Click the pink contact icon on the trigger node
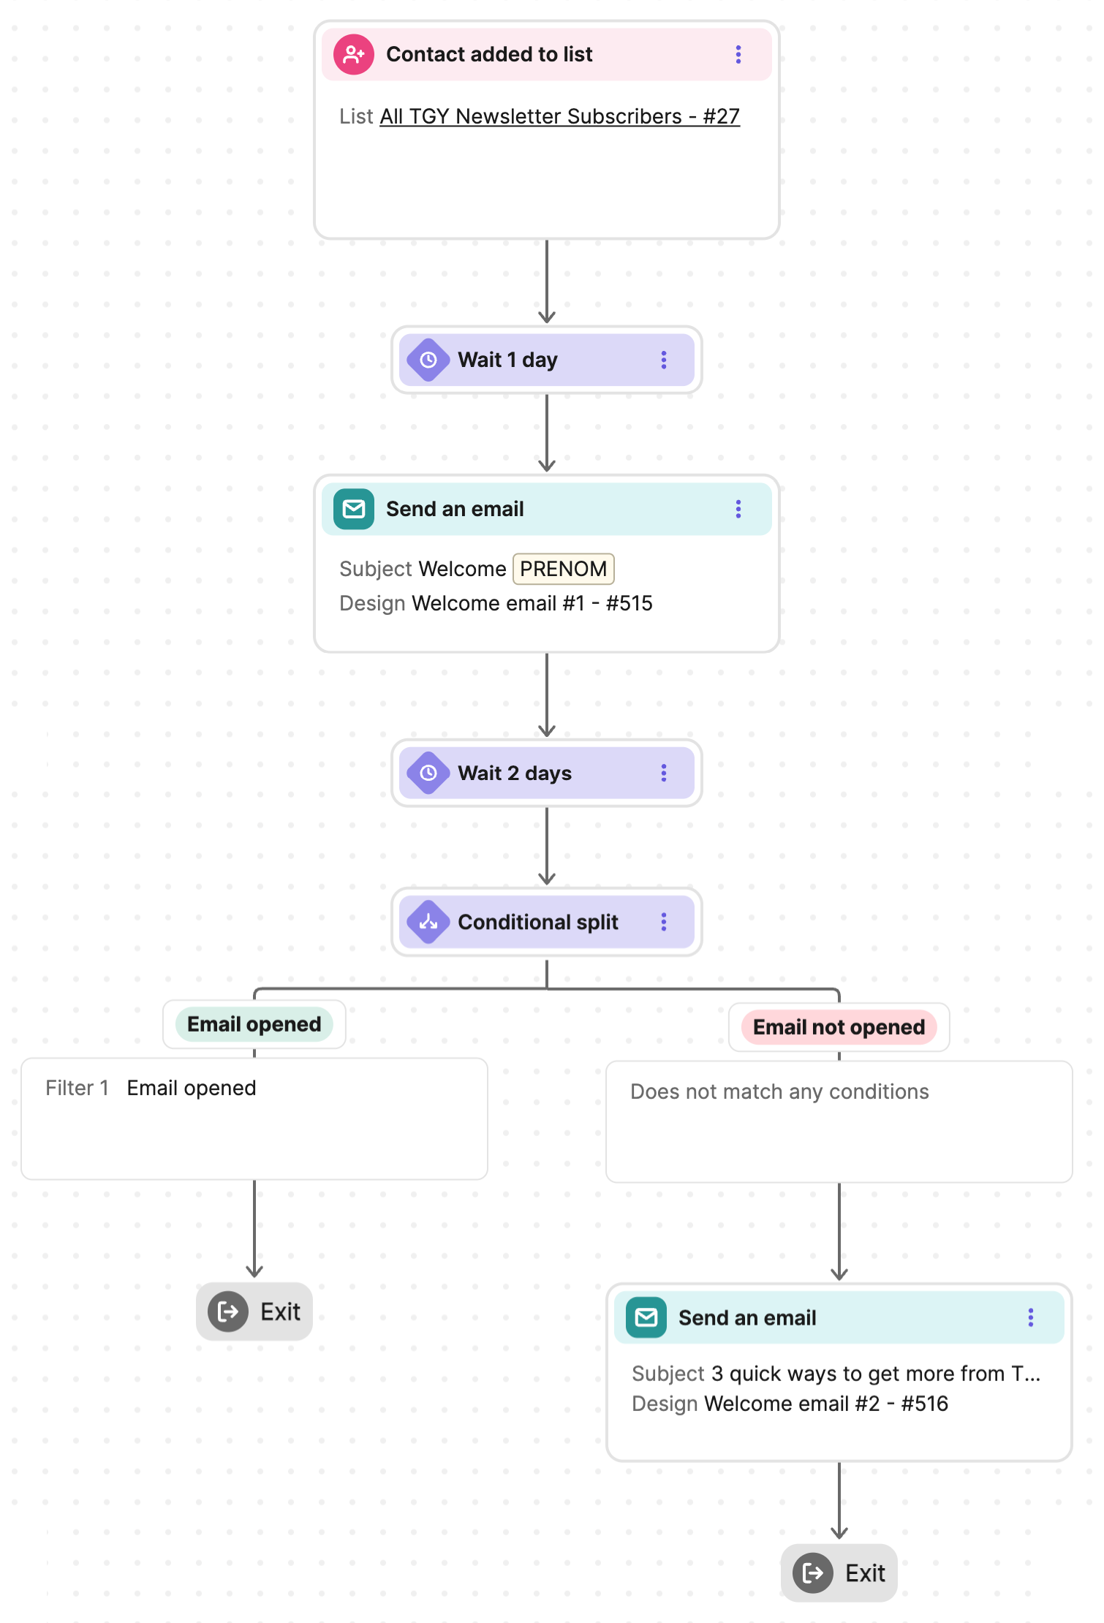354,54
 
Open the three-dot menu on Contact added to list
738,54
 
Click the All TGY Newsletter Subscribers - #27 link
559,116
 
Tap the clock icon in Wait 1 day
428,360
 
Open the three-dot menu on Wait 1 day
663,360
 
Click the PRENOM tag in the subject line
563,569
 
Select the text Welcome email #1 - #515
532,603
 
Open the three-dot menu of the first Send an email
738,509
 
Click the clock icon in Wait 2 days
428,773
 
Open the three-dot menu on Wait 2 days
663,773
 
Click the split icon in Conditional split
428,922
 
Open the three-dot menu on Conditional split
663,922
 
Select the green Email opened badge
254,1024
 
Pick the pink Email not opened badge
839,1027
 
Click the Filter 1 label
77,1088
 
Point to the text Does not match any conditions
779,1092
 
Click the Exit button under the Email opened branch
254,1312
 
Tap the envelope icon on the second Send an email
646,1317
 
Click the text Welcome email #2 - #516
825,1404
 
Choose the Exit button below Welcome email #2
839,1573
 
